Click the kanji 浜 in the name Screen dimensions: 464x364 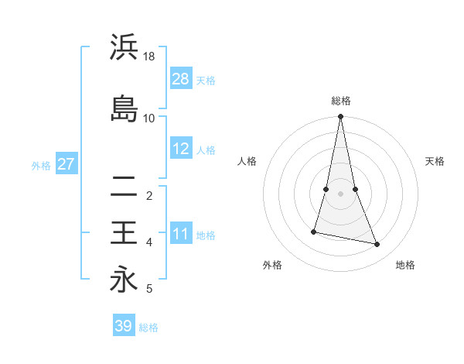[124, 47]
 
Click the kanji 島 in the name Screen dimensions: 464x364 [124, 108]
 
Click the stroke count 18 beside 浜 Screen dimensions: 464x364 [149, 57]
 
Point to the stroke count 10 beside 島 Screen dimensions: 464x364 [149, 118]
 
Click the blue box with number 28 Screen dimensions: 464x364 [181, 79]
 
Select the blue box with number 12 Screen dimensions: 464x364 [181, 149]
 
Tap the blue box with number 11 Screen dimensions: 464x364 [181, 234]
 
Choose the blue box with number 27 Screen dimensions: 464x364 [67, 164]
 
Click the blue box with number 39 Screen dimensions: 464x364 [124, 326]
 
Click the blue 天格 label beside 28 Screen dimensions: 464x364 [206, 81]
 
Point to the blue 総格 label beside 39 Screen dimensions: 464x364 [148, 328]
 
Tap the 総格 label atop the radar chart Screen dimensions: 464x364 [341, 101]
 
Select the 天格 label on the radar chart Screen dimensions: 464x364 [435, 161]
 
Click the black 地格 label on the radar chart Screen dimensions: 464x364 [405, 265]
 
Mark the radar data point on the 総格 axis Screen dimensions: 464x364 [340, 117]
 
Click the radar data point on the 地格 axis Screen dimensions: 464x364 [377, 244]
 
